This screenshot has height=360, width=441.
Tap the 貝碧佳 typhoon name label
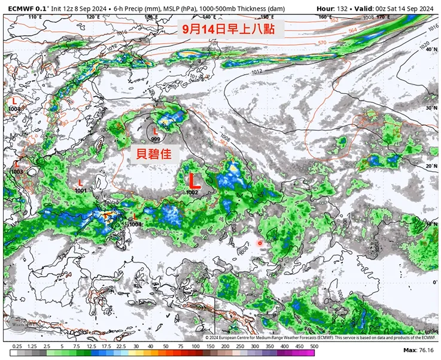[x=154, y=153]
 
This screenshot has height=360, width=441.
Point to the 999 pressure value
[x=156, y=139]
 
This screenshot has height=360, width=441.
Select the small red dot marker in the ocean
[x=260, y=243]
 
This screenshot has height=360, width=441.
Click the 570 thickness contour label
[x=322, y=43]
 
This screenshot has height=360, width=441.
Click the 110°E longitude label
[x=34, y=17]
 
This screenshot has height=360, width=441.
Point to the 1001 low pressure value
[x=81, y=190]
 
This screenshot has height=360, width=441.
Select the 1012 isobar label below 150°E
[x=257, y=72]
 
